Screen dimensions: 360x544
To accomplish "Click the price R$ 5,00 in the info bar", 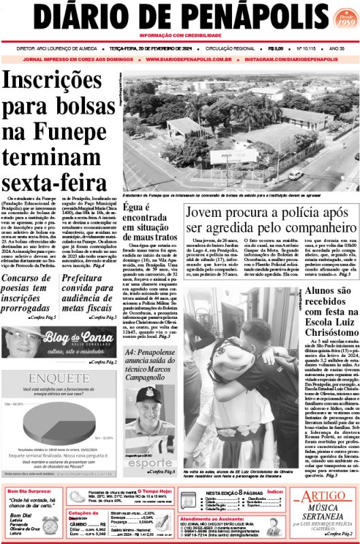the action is pos(276,49).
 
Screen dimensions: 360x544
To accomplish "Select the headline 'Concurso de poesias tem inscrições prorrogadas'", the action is pos(29,296).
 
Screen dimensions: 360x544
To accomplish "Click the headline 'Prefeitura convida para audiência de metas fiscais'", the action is pos(89,296).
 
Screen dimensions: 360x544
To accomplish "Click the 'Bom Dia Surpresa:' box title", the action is pos(32,491).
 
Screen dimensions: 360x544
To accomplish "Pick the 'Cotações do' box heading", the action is pos(89,513).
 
